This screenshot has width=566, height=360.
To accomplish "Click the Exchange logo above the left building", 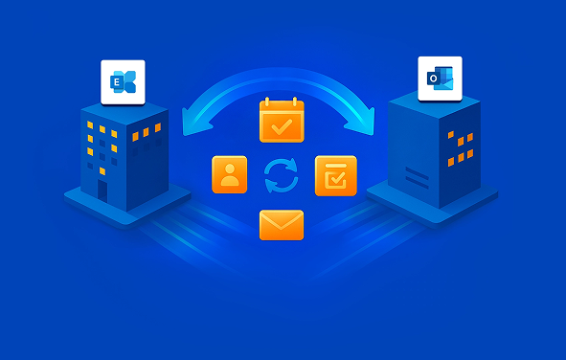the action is tap(123, 82).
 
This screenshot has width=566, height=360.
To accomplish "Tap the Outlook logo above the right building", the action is tap(440, 79).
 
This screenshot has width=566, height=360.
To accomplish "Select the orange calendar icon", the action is tap(281, 121).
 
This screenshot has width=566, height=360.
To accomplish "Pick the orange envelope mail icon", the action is tap(281, 225).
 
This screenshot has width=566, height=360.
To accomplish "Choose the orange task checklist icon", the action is tap(335, 175).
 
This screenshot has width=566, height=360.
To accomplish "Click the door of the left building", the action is tap(102, 189).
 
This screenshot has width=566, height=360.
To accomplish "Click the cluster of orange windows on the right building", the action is tap(461, 145).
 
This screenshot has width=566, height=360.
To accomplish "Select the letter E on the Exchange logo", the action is tap(117, 84).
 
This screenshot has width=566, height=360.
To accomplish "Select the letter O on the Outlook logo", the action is tap(434, 79).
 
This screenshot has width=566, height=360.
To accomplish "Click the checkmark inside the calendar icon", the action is tap(281, 125).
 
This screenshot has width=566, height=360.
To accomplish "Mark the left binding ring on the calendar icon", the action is tap(270, 101).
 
